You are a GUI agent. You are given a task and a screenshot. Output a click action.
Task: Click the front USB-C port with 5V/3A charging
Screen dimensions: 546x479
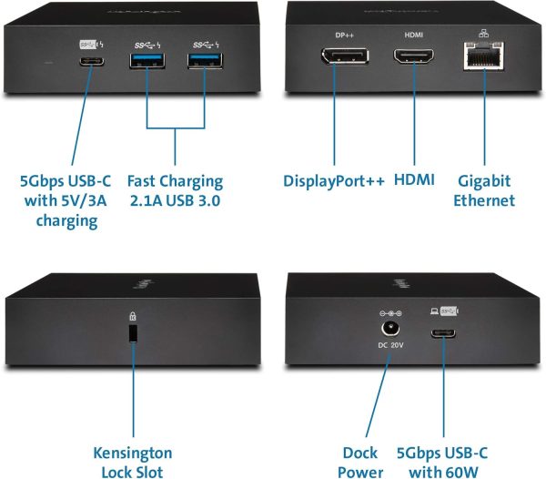(x=92, y=62)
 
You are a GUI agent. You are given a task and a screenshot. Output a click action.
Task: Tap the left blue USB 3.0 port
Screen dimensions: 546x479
(x=147, y=60)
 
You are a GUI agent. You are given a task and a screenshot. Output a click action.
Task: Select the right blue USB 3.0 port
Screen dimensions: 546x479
(x=205, y=60)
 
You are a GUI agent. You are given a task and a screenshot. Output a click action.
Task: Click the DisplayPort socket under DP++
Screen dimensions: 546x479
(x=345, y=56)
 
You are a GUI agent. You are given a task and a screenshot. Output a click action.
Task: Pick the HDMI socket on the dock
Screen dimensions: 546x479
(x=414, y=56)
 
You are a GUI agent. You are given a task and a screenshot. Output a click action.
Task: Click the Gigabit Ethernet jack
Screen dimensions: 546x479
(x=484, y=56)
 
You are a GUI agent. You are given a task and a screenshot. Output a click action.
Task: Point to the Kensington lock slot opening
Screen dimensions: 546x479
(x=133, y=333)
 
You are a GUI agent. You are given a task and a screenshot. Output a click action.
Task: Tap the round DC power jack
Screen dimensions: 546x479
(x=390, y=329)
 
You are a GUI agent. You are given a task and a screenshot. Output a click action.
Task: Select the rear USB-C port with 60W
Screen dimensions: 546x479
(x=443, y=333)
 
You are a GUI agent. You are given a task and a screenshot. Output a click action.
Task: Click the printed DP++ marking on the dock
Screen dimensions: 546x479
(x=344, y=35)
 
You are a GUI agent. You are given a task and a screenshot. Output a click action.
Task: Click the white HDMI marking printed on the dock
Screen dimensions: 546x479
(x=414, y=35)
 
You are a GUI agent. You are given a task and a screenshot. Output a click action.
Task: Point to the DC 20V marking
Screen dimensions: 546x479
(x=390, y=345)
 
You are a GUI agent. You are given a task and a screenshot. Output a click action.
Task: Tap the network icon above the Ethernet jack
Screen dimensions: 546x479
(x=484, y=33)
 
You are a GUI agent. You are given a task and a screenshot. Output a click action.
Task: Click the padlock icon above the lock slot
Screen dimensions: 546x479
(x=133, y=316)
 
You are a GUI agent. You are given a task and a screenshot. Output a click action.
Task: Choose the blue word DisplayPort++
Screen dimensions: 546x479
(x=334, y=181)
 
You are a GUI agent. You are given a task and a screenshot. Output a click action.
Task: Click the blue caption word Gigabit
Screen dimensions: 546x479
(x=484, y=181)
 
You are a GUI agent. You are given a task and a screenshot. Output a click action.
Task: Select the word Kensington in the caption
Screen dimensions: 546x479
(x=133, y=454)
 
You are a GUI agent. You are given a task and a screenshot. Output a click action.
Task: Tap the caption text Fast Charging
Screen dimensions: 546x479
(x=175, y=181)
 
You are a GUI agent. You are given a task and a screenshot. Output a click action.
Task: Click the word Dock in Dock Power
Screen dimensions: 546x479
(x=360, y=453)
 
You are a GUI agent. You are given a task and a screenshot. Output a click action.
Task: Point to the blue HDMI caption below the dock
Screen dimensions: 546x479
(x=414, y=180)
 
